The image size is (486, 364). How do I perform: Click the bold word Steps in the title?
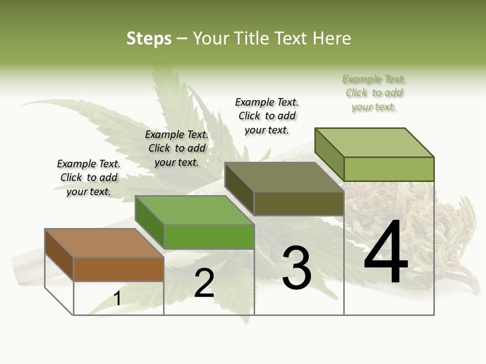(x=149, y=38)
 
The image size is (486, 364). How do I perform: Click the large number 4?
(x=386, y=253)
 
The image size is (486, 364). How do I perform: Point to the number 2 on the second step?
(x=204, y=283)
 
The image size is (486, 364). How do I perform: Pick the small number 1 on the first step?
(x=117, y=299)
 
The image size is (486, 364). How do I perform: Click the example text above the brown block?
(x=89, y=178)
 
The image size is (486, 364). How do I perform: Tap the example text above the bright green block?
(x=177, y=148)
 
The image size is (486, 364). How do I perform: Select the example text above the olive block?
(x=267, y=116)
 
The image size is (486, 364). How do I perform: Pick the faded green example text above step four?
(x=374, y=93)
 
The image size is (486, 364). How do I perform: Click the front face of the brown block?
(x=118, y=269)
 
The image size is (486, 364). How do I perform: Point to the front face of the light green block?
(x=389, y=169)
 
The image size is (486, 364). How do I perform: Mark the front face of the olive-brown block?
(x=299, y=203)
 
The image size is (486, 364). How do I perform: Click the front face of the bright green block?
(x=209, y=237)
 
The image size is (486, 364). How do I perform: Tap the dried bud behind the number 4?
(x=445, y=227)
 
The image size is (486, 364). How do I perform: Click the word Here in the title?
(x=333, y=38)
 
